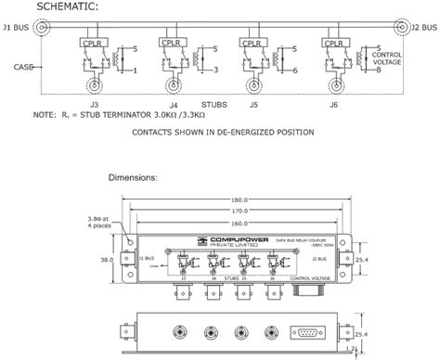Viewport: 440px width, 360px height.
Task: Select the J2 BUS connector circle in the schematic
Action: [399, 29]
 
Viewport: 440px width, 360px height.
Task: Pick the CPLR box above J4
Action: [171, 43]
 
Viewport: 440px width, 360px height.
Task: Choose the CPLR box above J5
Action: [250, 43]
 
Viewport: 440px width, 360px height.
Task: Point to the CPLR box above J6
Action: [329, 43]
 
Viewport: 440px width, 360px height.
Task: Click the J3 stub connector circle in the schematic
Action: [95, 90]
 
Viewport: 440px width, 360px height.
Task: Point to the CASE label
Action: [24, 67]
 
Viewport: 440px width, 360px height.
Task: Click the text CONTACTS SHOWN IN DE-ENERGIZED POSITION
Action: [223, 133]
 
